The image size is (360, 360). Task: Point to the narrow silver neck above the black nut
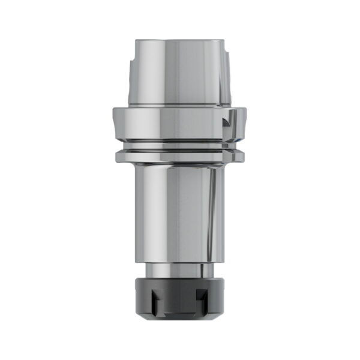[179, 269]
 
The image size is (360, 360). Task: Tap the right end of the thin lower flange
[243, 156]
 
